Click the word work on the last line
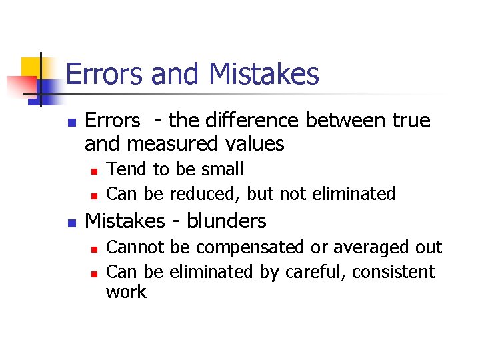coord(126,292)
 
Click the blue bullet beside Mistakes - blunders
coord(73,222)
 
